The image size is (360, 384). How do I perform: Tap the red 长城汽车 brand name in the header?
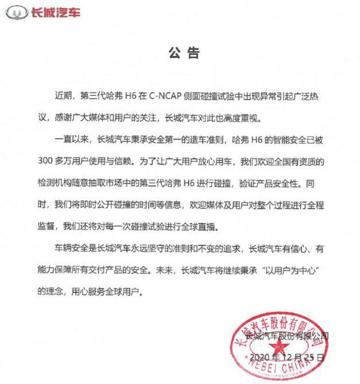(x=55, y=11)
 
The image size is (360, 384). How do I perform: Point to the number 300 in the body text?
(x=47, y=162)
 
